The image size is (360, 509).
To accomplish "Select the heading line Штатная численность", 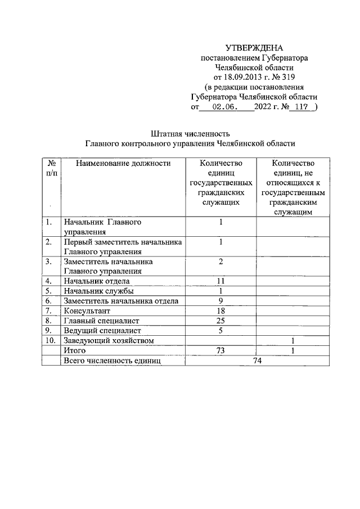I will (190, 134).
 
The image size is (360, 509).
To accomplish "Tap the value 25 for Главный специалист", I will (221, 320).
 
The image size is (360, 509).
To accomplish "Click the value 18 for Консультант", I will (221, 310).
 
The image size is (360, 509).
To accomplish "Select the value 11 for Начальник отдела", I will (221, 281).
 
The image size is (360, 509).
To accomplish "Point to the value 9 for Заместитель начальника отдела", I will (221, 300).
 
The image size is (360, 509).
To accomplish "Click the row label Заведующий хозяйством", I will (109, 340).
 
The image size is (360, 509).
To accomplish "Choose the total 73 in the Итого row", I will (221, 350).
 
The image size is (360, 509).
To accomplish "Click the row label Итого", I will (74, 350).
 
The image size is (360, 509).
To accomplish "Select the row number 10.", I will (50, 340).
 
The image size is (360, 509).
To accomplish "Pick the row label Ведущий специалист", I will (102, 330).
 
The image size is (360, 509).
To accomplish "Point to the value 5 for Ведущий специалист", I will (221, 330).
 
